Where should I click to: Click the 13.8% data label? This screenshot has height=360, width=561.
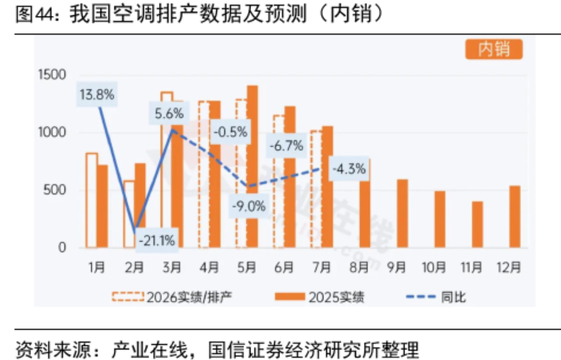click(x=97, y=95)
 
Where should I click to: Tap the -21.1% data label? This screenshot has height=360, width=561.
click(x=157, y=240)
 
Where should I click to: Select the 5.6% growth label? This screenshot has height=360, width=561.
click(x=169, y=113)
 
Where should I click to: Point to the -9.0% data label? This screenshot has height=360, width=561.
click(x=249, y=206)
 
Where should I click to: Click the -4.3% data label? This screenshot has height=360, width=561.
click(x=349, y=168)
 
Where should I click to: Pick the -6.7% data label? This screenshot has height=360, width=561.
click(x=286, y=146)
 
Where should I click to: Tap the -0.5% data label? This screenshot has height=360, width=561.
click(x=231, y=131)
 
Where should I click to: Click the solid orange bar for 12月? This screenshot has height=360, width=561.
click(x=515, y=217)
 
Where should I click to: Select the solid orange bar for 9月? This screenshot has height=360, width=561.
click(x=403, y=213)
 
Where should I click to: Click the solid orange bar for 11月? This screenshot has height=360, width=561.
click(x=477, y=225)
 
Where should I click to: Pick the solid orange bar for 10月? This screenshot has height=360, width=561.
click(x=440, y=219)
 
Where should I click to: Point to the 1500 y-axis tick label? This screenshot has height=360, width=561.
click(x=52, y=74)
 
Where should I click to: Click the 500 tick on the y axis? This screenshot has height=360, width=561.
click(x=55, y=190)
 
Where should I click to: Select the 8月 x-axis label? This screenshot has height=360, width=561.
click(x=359, y=267)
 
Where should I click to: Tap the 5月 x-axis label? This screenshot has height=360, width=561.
click(x=247, y=267)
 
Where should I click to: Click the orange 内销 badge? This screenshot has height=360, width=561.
click(x=494, y=50)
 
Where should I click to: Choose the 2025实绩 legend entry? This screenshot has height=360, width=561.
click(x=319, y=297)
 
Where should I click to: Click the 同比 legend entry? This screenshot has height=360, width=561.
click(x=436, y=297)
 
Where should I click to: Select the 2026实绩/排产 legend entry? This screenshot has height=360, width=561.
click(x=172, y=297)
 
